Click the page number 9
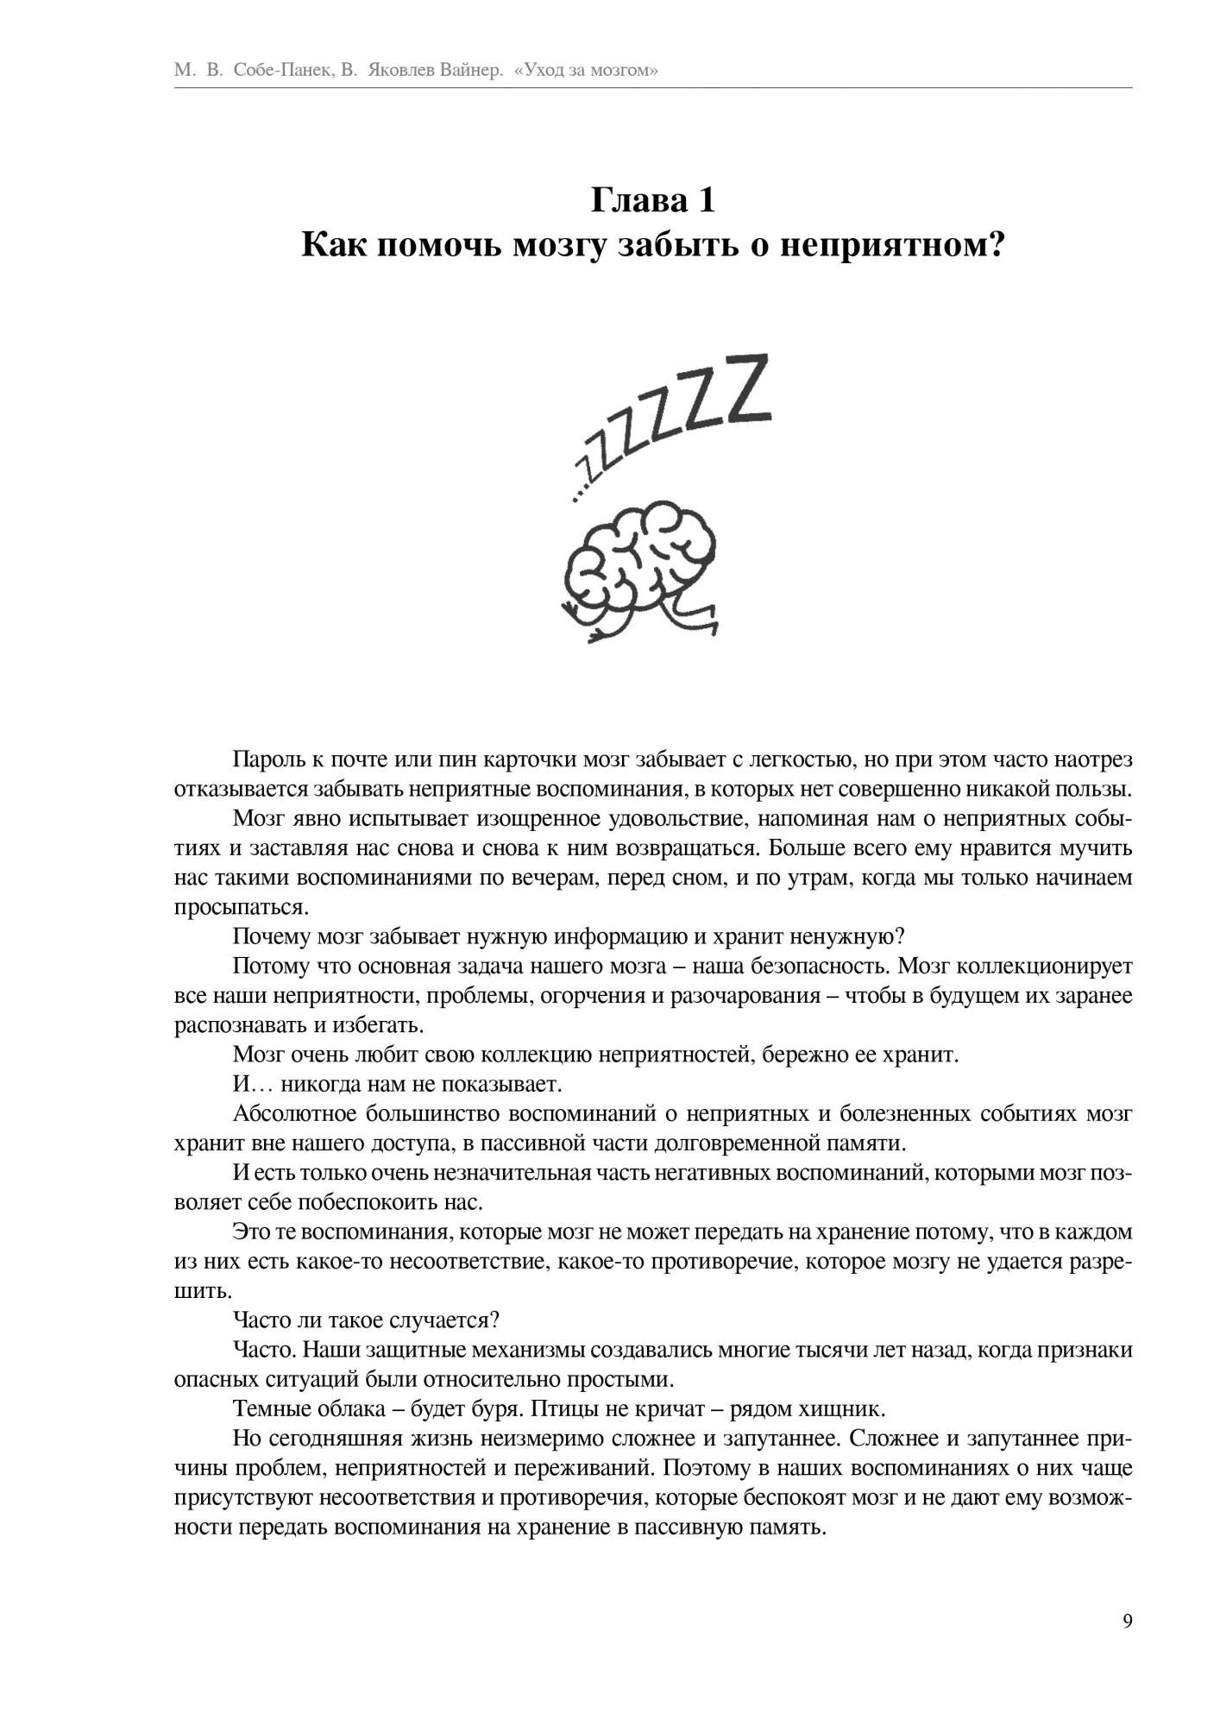pos(1128,1621)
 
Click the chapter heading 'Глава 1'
pos(653,201)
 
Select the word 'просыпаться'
pos(239,907)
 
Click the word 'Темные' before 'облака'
pos(266,1409)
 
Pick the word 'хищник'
pos(848,1409)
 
